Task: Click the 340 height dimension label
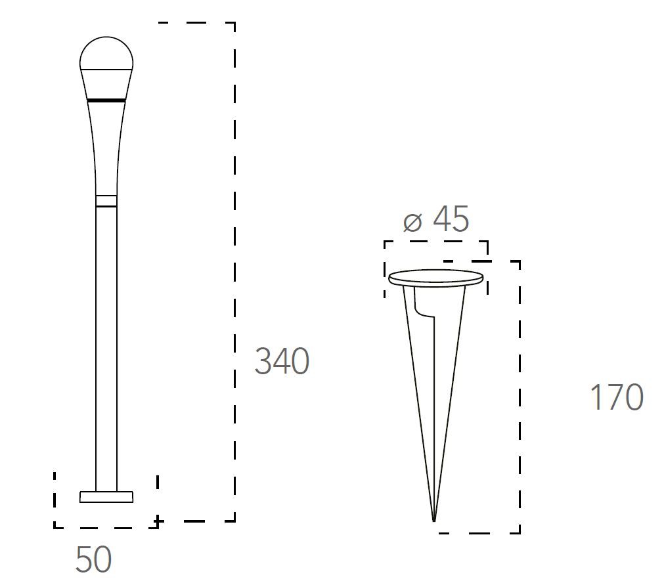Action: (x=282, y=361)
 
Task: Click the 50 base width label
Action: (x=93, y=559)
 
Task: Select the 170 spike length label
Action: (x=617, y=397)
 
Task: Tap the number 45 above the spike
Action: (x=451, y=219)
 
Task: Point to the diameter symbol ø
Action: (x=412, y=223)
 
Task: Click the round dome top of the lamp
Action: (x=106, y=53)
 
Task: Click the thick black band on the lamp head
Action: (x=106, y=100)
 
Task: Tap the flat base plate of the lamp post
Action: (x=106, y=497)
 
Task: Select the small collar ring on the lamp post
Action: (x=106, y=201)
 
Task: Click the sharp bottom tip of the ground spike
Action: (x=434, y=521)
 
